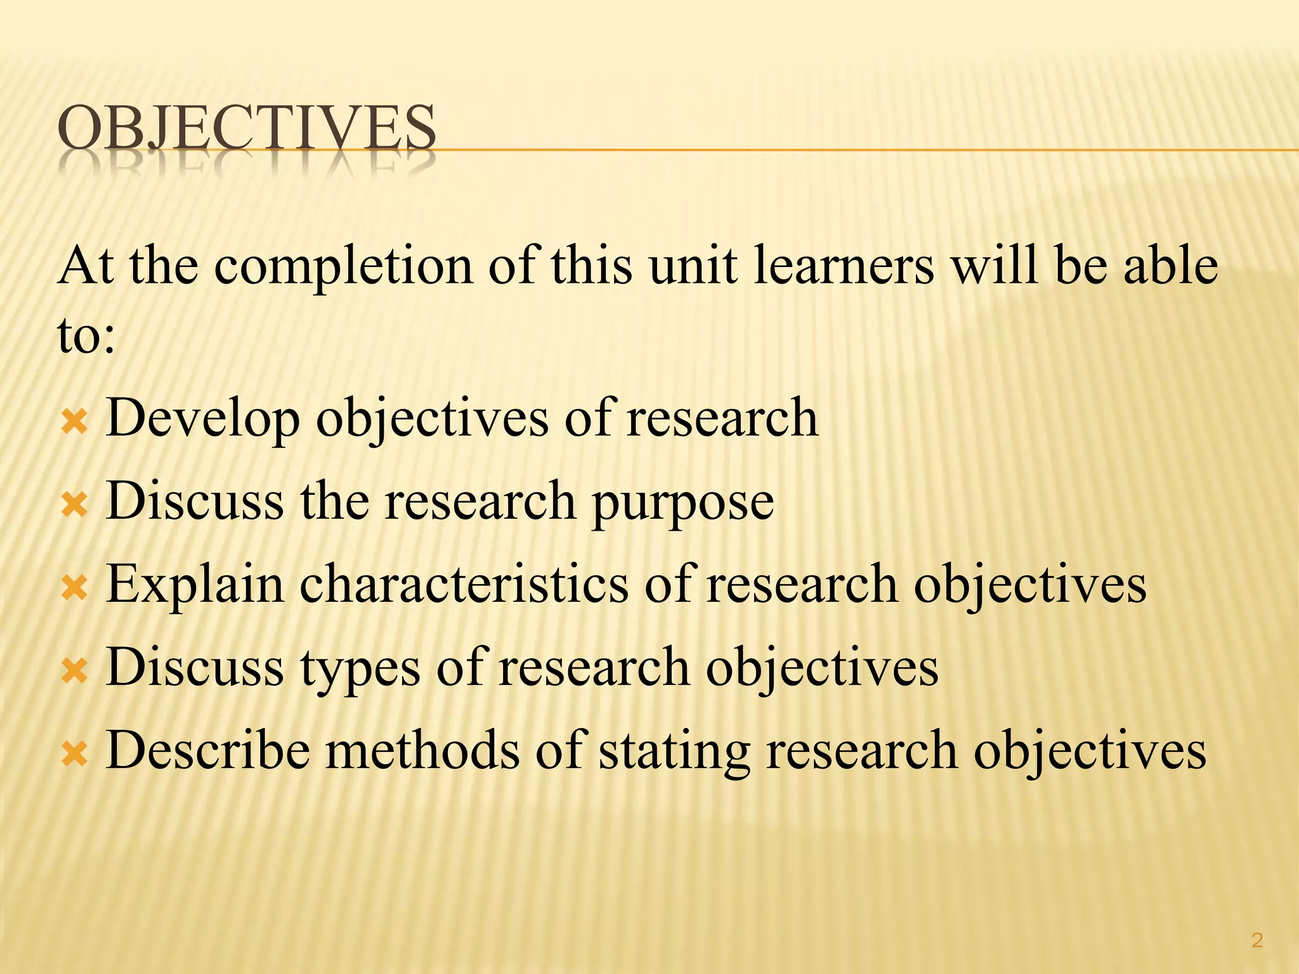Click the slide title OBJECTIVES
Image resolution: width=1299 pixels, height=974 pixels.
point(246,129)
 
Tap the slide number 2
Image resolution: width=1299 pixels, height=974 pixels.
point(1257,940)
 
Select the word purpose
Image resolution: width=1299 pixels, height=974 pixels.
point(682,502)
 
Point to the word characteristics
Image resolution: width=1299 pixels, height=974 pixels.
point(464,584)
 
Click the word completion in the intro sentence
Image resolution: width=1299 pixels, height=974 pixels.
point(343,267)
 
